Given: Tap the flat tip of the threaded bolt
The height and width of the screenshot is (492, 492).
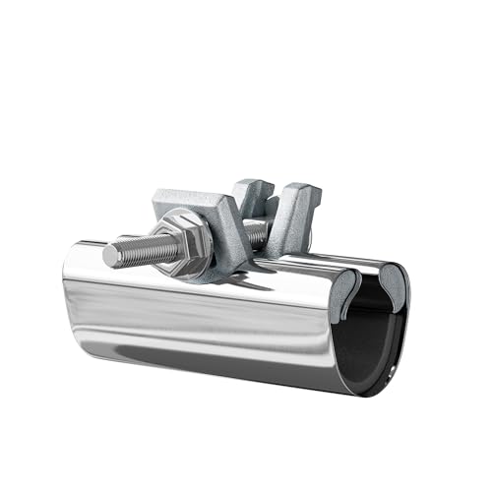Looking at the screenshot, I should tap(107, 257).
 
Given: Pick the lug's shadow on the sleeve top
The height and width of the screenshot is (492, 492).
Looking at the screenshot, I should tap(246, 280).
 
